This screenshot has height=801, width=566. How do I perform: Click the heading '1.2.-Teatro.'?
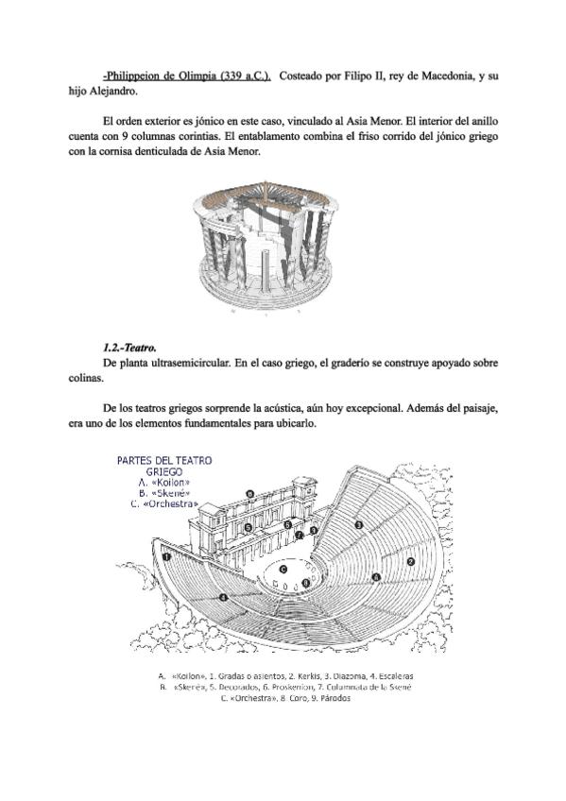click(129, 348)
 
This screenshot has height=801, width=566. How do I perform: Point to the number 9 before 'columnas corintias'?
click(125, 136)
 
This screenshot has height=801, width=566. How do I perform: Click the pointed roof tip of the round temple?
click(266, 180)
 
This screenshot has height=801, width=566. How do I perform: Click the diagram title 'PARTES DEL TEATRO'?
click(164, 461)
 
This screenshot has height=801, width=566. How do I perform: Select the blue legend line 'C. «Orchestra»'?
click(164, 503)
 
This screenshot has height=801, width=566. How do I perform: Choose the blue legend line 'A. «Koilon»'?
click(164, 483)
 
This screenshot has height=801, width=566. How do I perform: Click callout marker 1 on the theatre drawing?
click(166, 556)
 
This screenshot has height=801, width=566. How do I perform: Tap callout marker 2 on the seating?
click(410, 561)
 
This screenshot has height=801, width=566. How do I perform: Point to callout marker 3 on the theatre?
click(359, 524)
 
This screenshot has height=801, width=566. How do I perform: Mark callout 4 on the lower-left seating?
click(222, 597)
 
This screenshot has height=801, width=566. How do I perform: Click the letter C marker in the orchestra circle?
click(283, 569)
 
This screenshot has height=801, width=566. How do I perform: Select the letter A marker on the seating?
click(376, 577)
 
